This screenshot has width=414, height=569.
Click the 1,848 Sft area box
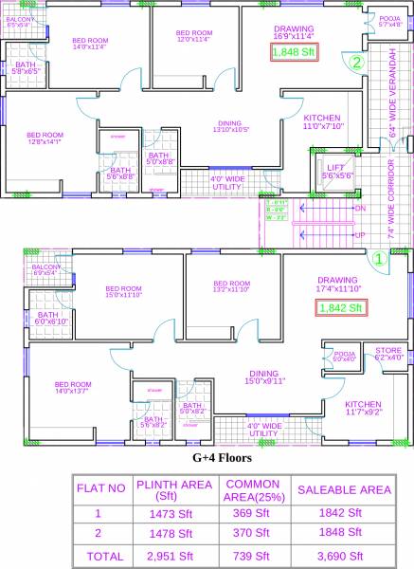point(293,53)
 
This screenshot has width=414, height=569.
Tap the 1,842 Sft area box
point(338,307)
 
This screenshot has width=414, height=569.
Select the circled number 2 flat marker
point(356,64)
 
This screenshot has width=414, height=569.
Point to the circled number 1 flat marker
point(377,256)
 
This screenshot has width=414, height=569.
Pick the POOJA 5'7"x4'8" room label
point(364,21)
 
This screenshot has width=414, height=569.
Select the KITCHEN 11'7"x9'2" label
point(363,408)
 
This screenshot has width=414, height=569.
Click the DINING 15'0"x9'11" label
point(263,377)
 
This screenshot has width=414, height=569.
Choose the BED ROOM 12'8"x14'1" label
point(45,138)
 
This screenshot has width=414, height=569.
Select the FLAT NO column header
point(100,489)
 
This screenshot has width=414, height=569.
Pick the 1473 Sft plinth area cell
point(166,513)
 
